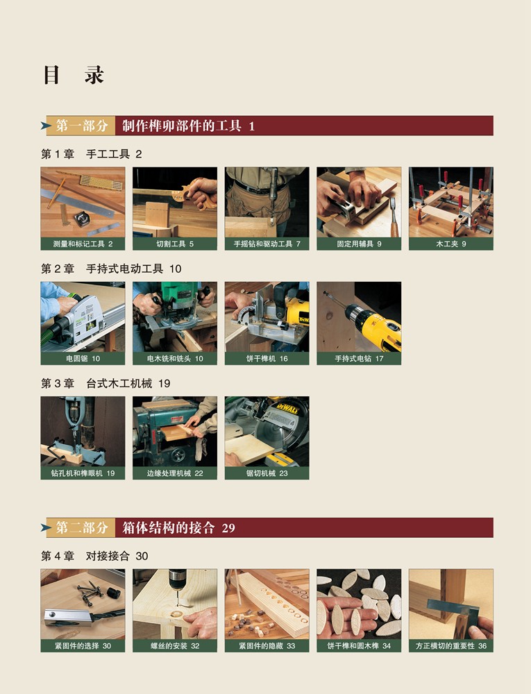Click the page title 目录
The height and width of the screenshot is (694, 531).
tap(74, 75)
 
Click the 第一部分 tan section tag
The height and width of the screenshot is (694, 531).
tap(81, 126)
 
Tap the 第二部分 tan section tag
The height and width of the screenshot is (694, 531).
tap(81, 527)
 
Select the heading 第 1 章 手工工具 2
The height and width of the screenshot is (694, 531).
tap(92, 154)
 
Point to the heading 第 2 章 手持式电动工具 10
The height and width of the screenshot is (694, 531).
tap(111, 269)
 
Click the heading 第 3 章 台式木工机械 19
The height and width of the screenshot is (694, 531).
tap(106, 383)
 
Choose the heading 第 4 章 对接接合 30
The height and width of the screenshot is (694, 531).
tap(94, 556)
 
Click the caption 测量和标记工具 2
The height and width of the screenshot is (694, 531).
tap(83, 244)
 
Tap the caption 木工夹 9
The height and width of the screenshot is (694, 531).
tap(451, 244)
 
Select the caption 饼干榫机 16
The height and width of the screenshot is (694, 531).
tap(267, 359)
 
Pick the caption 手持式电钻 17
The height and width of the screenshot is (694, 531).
tap(359, 359)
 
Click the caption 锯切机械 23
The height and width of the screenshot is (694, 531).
tap(267, 473)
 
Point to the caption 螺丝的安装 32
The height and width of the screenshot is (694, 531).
tap(175, 645)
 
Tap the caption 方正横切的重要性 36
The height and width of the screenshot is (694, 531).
tap(451, 645)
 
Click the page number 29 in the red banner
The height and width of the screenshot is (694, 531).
tap(228, 528)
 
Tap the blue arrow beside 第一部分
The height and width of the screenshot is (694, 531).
tap(46, 126)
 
